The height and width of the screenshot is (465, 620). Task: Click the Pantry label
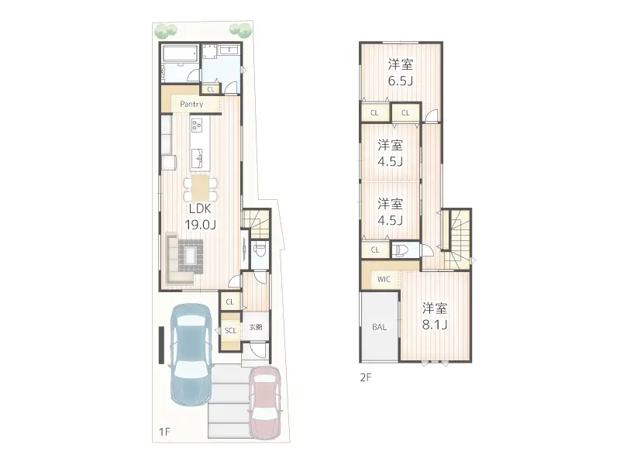[191, 104]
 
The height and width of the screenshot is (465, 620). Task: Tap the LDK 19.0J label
[200, 216]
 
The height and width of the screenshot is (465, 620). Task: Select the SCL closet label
[230, 331]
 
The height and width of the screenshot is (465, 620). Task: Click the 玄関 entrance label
[255, 328]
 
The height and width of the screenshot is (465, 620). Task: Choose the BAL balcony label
[379, 327]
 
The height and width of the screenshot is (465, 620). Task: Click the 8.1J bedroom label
[435, 316]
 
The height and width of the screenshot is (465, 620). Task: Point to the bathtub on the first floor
[179, 62]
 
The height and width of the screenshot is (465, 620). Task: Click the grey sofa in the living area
[174, 260]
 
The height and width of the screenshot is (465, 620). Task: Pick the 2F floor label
[366, 379]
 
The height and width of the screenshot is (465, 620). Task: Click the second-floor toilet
[401, 250]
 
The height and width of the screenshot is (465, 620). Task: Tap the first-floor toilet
[260, 250]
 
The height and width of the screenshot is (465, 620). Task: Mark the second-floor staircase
[459, 236]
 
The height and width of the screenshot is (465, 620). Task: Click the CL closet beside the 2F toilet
[375, 250]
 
